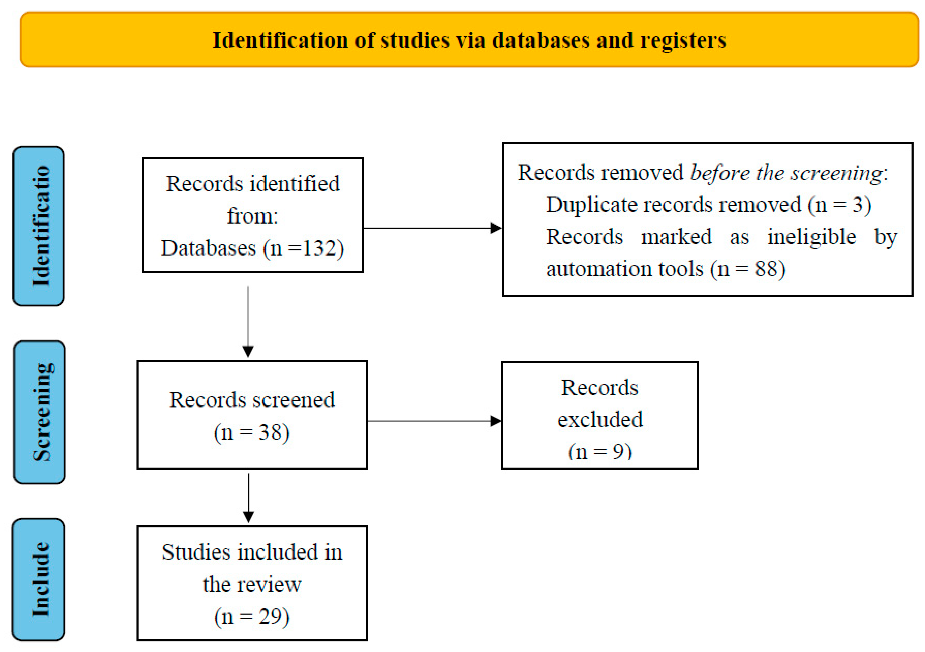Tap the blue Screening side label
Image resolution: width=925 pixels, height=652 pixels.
pyautogui.click(x=40, y=412)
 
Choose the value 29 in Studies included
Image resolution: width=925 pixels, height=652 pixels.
pyautogui.click(x=270, y=616)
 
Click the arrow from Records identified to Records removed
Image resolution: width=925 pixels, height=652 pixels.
pyautogui.click(x=433, y=228)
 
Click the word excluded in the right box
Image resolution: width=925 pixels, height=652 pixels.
pyautogui.click(x=600, y=419)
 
